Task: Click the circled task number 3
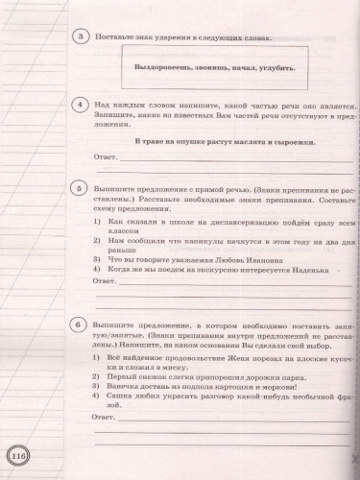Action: [81, 37]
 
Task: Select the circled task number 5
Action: [81, 190]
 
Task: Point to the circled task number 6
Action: [81, 326]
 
